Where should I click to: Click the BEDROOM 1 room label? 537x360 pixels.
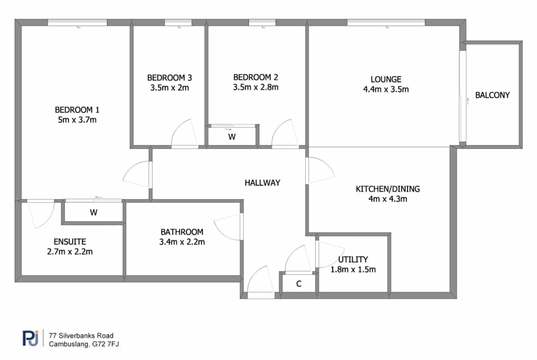pos(77,110)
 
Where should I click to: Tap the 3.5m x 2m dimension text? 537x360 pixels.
pos(169,88)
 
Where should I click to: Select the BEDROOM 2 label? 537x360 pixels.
pos(256,78)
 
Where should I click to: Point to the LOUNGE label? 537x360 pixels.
pos(386,79)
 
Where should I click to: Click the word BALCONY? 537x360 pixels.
pos(492,95)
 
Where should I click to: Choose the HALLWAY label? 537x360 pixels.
pos(263,183)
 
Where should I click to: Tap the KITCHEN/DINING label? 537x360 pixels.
pos(388,189)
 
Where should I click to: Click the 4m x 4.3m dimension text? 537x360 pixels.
pos(388,199)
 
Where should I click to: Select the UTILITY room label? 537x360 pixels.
pos(353,260)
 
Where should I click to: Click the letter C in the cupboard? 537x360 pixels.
pos(299,284)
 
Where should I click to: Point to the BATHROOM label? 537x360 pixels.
pos(182,232)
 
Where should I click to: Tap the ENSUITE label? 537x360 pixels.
pos(70,242)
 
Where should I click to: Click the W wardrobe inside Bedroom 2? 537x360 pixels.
pos(232,137)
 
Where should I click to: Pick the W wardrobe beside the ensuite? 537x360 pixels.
pos(94,212)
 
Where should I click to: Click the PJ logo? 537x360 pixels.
pos(30,338)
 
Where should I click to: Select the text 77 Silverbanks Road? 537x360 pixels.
pos(81,336)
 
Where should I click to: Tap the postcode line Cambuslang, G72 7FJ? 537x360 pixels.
pos(84,344)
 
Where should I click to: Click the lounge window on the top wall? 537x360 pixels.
pos(386,22)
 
